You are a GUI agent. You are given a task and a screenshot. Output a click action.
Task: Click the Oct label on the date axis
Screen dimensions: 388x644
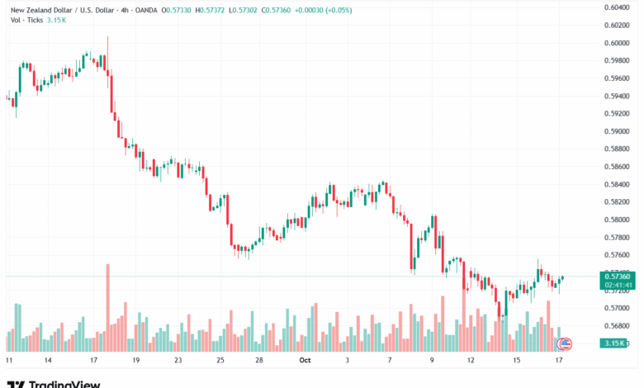point(305,360)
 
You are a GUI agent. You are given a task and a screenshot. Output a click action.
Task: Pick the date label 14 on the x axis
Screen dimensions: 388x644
point(49,360)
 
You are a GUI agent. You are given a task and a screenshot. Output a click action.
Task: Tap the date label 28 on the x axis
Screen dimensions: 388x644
point(258,360)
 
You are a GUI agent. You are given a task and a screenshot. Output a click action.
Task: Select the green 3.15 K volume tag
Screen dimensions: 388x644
point(613,343)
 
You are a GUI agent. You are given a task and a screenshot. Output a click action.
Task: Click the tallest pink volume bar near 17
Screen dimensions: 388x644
point(107,297)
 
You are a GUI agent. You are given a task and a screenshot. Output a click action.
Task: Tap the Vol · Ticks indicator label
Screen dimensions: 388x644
point(26,20)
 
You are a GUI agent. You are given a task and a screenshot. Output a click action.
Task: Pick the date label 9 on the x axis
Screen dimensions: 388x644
point(432,360)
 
